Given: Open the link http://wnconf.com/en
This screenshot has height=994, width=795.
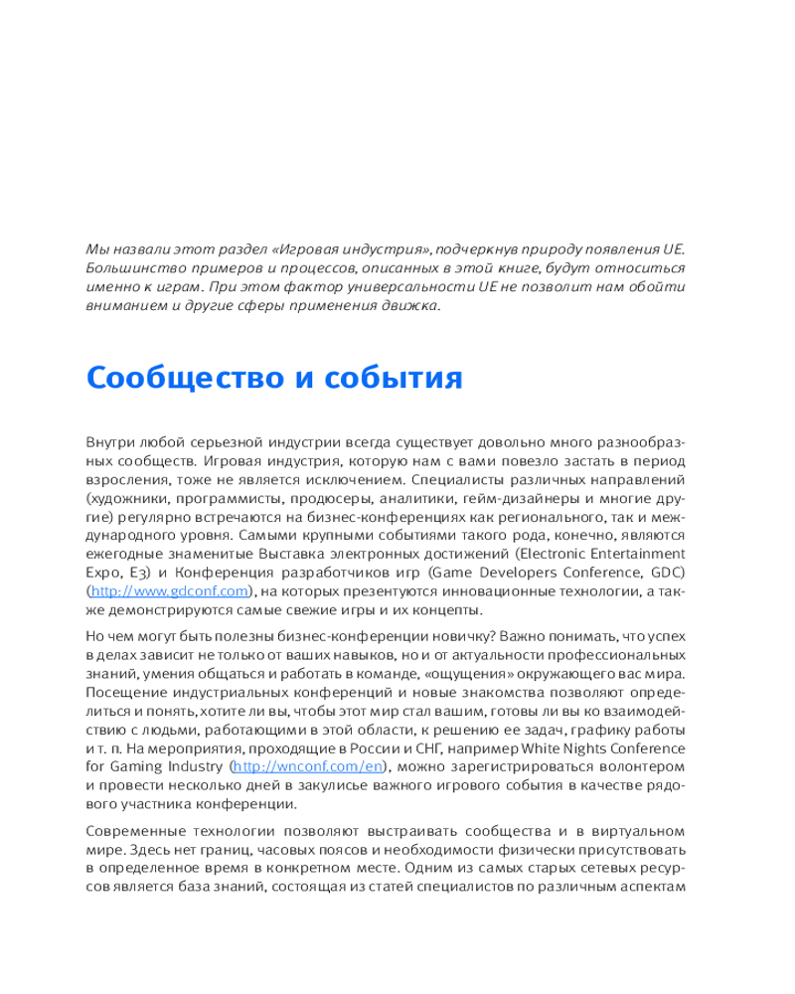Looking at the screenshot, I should point(307,766).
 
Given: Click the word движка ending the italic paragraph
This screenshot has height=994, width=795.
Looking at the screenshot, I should point(408,306).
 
